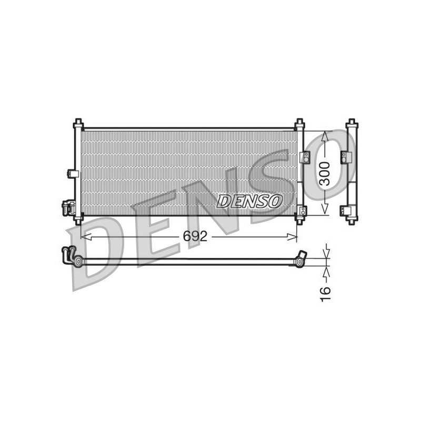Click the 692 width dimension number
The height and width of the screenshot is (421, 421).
(195, 236)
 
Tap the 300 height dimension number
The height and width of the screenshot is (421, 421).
(325, 174)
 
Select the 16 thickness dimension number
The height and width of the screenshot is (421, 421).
(325, 294)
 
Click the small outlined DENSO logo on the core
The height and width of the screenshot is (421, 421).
(249, 202)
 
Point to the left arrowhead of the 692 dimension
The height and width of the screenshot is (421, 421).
(86, 236)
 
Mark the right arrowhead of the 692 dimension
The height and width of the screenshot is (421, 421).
(292, 236)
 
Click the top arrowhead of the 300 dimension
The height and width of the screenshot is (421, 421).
(325, 136)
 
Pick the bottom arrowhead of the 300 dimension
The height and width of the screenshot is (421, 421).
(325, 208)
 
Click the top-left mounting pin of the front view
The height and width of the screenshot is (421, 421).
(78, 123)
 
